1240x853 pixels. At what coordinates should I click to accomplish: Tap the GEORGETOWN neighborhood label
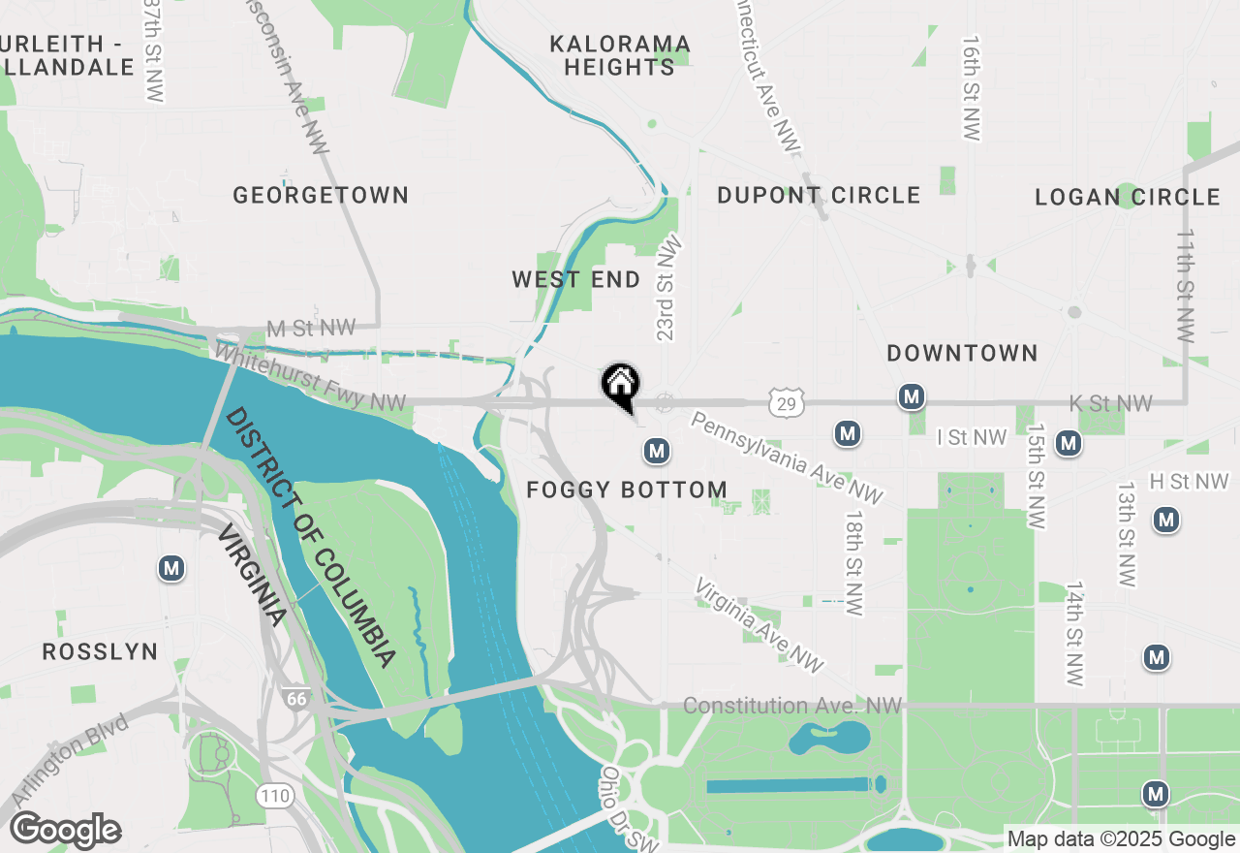click(321, 195)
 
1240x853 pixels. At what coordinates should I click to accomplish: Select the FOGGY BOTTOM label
click(627, 490)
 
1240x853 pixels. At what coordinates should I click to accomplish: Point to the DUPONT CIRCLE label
click(819, 195)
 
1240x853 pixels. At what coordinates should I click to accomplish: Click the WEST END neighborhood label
click(576, 280)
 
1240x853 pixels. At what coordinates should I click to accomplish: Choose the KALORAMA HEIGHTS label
click(620, 55)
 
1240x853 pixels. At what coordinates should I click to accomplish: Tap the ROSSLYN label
click(100, 651)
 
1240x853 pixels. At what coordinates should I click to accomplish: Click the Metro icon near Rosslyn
click(172, 568)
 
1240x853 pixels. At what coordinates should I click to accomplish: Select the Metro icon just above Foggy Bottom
click(657, 451)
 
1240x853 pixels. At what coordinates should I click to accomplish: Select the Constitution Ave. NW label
click(792, 706)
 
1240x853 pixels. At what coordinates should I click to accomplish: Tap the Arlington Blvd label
click(69, 761)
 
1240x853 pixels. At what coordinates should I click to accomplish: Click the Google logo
click(66, 831)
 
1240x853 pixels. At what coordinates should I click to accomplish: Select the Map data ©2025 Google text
click(1121, 839)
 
